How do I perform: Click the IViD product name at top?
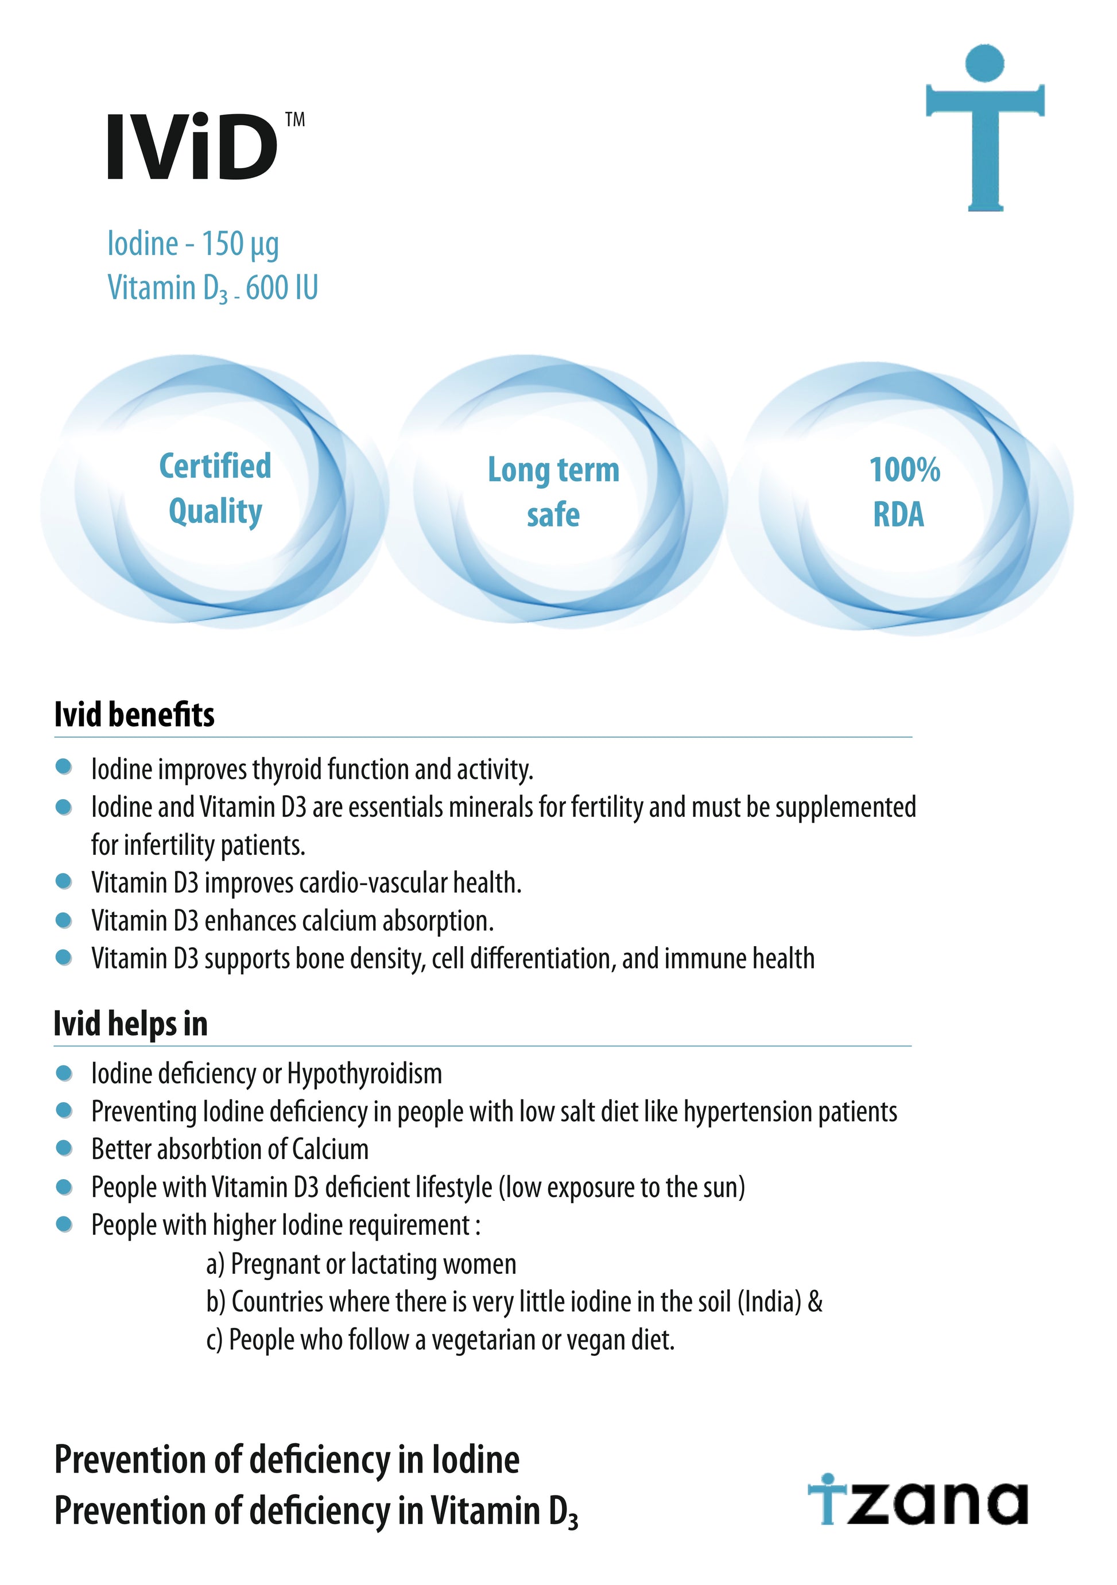click(x=191, y=147)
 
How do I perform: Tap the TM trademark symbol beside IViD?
click(x=296, y=120)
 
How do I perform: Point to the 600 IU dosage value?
click(x=282, y=288)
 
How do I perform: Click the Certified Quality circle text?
click(x=215, y=489)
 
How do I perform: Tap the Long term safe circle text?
click(x=554, y=491)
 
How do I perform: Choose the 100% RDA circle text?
click(x=902, y=491)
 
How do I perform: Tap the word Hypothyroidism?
click(x=364, y=1074)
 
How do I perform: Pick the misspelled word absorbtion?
click(x=209, y=1149)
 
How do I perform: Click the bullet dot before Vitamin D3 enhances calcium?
click(x=64, y=920)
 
